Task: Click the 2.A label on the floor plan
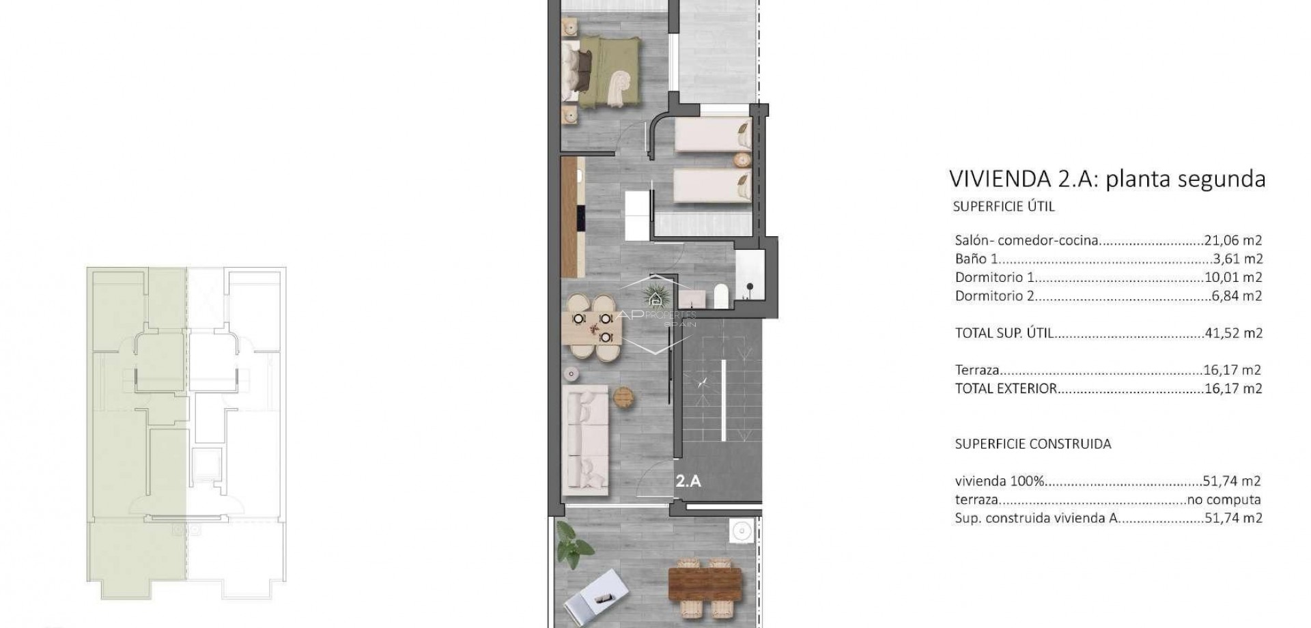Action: point(688,481)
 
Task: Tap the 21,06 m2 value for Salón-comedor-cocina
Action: point(1232,240)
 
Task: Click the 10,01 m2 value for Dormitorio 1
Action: point(1232,277)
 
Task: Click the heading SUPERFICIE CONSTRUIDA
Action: point(1032,444)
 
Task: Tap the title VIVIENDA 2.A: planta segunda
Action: point(1107,179)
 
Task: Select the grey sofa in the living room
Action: point(586,440)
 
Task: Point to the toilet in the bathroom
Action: point(722,296)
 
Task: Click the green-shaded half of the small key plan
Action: point(137,430)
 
